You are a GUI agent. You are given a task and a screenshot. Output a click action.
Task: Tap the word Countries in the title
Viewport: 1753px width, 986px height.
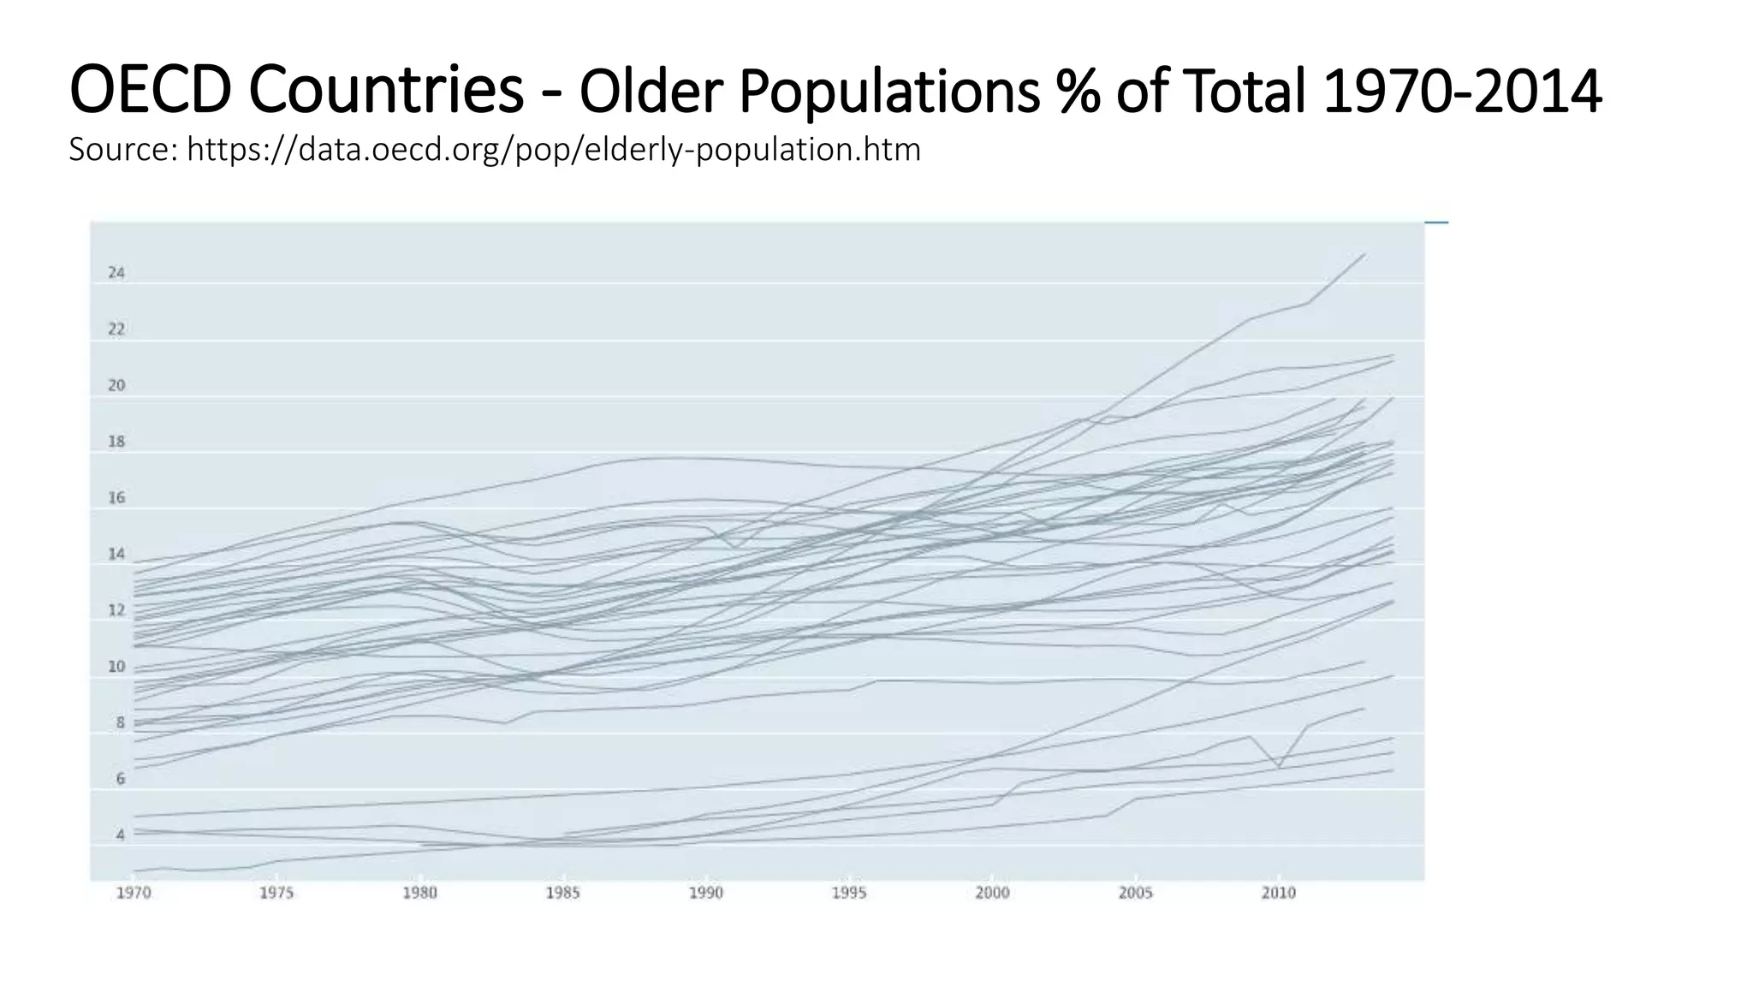(387, 90)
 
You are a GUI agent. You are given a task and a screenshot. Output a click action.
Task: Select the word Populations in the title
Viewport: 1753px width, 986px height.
(890, 92)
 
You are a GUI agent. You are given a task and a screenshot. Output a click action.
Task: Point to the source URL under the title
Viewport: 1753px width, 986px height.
(554, 150)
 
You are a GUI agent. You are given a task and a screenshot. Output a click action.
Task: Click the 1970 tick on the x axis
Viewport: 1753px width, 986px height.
(134, 894)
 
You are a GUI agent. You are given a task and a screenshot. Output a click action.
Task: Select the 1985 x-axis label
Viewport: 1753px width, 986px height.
(562, 894)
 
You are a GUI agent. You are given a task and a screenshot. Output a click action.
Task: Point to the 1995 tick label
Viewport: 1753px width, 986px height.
(849, 894)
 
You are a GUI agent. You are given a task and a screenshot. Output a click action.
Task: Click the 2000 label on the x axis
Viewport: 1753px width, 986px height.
(992, 894)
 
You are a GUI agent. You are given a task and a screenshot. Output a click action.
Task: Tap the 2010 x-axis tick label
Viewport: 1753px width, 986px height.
(1278, 894)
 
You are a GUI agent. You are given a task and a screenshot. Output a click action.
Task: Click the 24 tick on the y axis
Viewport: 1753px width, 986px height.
(116, 273)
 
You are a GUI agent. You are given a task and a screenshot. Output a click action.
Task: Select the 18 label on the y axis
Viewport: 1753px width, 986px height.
(116, 442)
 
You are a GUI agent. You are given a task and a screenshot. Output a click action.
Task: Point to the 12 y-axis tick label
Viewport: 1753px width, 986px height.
(116, 610)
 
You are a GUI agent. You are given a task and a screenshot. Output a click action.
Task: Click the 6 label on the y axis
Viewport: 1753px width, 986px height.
(121, 779)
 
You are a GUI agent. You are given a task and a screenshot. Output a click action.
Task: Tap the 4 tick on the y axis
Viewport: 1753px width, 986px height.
(121, 835)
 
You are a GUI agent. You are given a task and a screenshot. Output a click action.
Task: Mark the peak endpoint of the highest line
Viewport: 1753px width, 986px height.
(1364, 254)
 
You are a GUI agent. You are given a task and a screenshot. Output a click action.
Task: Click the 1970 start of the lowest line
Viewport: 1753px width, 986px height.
(135, 871)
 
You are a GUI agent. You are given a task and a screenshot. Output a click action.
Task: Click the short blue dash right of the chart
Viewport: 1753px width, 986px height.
(1436, 223)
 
